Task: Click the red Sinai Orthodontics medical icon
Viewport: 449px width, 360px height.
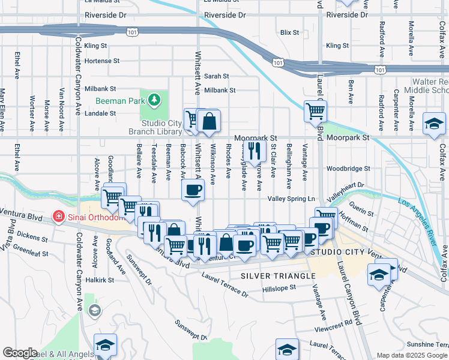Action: click(59, 215)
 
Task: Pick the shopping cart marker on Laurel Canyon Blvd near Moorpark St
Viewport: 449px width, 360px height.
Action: click(315, 111)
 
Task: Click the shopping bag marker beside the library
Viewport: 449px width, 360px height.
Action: click(208, 122)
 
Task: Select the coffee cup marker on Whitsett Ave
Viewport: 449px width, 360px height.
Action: click(193, 191)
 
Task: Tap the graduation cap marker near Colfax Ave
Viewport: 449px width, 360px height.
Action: click(434, 124)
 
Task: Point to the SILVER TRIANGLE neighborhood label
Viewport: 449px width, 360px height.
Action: click(277, 276)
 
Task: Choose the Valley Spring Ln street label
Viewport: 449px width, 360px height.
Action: click(291, 199)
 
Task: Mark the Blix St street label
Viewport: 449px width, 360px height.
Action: click(289, 32)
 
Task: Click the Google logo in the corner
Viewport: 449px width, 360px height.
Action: click(20, 353)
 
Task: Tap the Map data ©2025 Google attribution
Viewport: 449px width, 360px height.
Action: click(412, 355)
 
